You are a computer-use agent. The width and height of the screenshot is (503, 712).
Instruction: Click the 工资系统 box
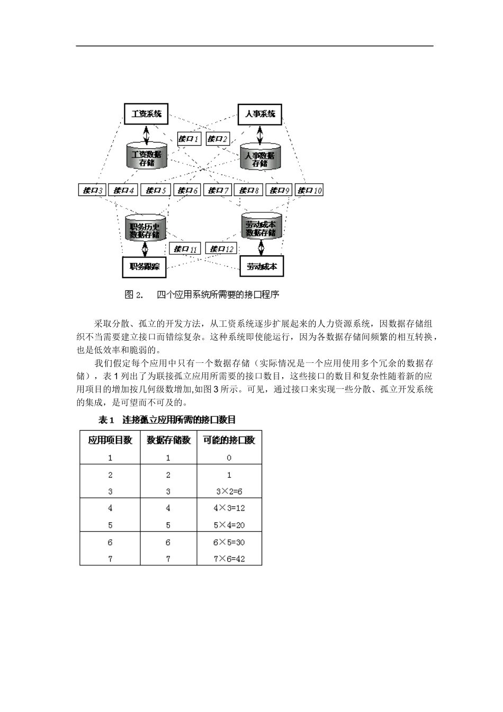(146, 114)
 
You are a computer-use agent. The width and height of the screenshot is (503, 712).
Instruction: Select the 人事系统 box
(260, 114)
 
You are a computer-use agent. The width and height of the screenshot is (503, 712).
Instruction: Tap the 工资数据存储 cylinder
(147, 156)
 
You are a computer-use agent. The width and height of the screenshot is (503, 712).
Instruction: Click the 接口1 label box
(188, 139)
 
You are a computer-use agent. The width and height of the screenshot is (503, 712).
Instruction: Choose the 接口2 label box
(218, 139)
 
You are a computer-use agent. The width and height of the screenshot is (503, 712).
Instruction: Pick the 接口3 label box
(92, 190)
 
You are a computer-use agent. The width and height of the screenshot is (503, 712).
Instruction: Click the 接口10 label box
(309, 190)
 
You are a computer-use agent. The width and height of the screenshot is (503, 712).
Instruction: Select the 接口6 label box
(187, 190)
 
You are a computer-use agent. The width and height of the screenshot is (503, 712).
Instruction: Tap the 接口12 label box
(221, 248)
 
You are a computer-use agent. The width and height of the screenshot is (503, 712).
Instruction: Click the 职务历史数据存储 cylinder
(145, 228)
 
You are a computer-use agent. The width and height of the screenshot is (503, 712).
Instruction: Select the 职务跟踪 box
(144, 266)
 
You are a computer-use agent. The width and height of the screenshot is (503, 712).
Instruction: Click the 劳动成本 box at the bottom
(262, 266)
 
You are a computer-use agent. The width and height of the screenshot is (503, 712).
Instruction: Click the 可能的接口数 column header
(229, 440)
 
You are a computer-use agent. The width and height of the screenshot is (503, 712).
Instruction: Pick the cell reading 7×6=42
(229, 558)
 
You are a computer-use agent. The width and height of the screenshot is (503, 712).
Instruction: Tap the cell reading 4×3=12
(229, 508)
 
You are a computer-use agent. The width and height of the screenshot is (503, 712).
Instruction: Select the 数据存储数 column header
(168, 440)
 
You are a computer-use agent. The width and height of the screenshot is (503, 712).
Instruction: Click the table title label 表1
(106, 420)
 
